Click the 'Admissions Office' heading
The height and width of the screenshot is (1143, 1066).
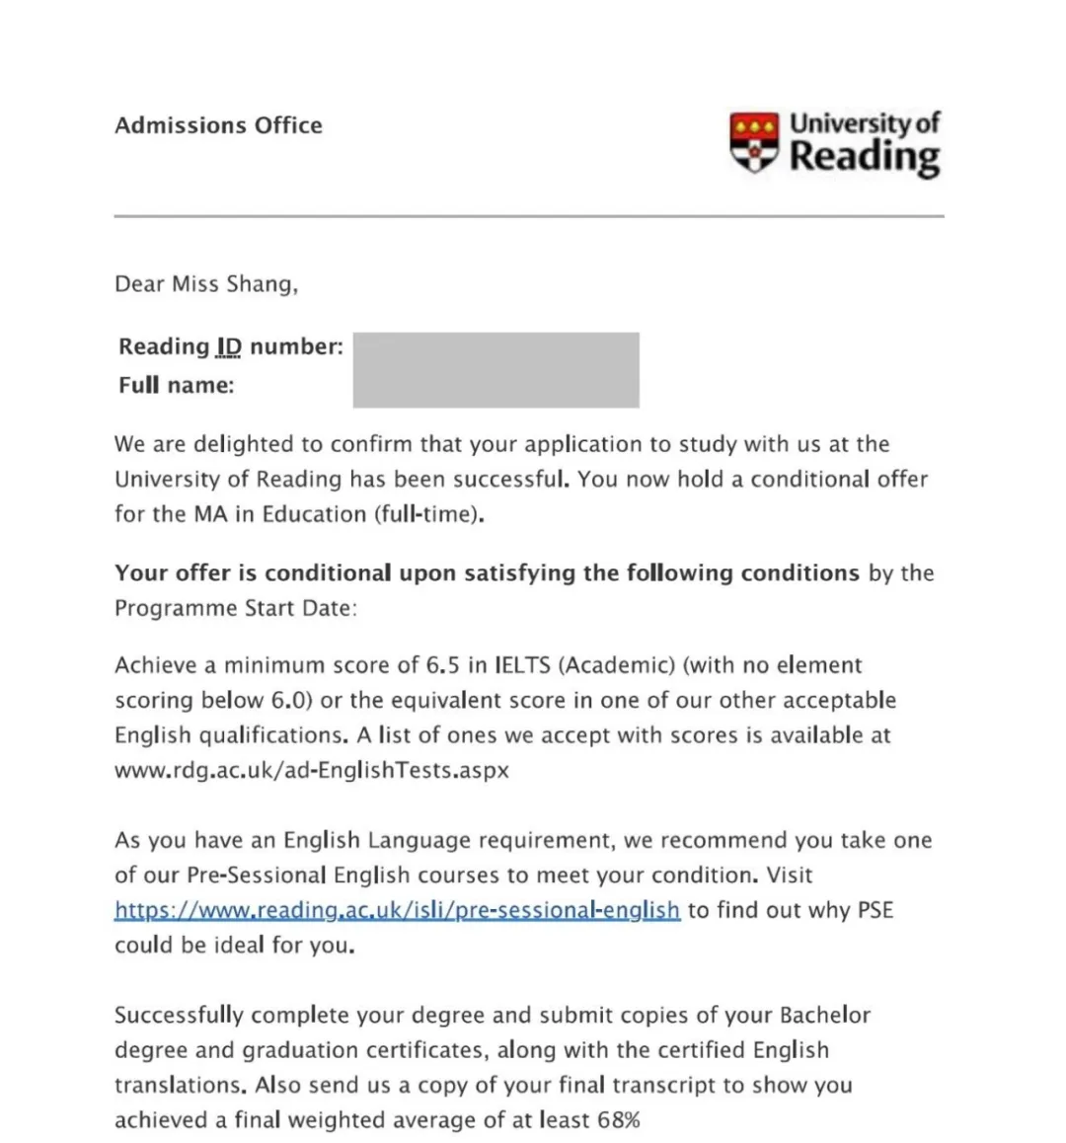pos(218,125)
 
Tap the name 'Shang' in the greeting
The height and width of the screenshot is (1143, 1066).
pos(261,284)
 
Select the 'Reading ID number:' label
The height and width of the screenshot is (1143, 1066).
pos(231,346)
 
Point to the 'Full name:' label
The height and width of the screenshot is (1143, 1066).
pos(177,385)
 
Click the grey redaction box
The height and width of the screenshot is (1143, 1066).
pos(495,370)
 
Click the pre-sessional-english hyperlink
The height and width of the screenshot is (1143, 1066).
pos(397,910)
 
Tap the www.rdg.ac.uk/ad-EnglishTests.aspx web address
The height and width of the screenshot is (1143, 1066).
pos(312,770)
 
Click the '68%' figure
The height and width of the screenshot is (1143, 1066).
pos(619,1120)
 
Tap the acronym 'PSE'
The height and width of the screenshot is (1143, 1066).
pos(875,910)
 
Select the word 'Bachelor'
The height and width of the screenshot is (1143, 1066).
pos(825,1016)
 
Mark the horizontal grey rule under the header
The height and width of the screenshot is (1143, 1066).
pos(529,215)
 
